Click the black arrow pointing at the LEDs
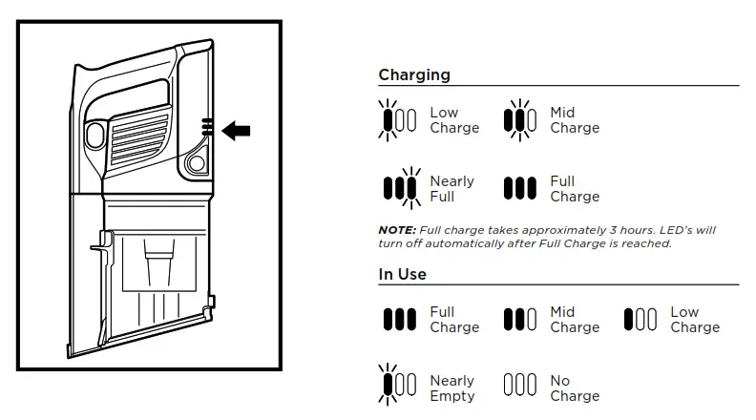[236, 131]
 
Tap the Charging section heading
[414, 75]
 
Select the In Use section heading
[402, 274]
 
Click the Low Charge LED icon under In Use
[640, 319]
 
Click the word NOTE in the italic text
[395, 231]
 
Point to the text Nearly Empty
[452, 388]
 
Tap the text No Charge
[575, 388]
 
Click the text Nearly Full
[452, 189]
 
